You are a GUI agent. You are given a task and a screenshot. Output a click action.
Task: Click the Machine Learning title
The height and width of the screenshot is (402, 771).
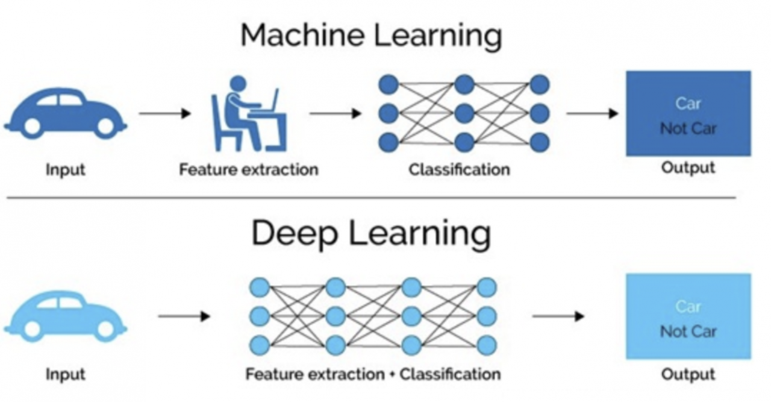pyautogui.click(x=371, y=36)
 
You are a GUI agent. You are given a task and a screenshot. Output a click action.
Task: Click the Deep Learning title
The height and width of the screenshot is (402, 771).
pyautogui.click(x=371, y=234)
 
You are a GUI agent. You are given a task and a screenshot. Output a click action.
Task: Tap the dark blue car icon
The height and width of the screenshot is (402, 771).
pyautogui.click(x=65, y=113)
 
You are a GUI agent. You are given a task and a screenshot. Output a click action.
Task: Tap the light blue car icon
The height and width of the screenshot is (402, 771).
pyautogui.click(x=65, y=316)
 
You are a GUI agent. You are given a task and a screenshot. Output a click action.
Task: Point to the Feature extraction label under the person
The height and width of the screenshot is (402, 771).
pyautogui.click(x=248, y=169)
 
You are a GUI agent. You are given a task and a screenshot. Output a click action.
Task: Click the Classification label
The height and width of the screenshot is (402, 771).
pyautogui.click(x=459, y=169)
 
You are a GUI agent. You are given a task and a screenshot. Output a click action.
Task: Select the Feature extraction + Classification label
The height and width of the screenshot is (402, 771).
pyautogui.click(x=373, y=374)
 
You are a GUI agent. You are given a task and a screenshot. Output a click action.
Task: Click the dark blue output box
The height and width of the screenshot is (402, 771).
pyautogui.click(x=688, y=113)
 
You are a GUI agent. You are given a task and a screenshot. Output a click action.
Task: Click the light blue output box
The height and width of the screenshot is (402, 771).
pyautogui.click(x=688, y=316)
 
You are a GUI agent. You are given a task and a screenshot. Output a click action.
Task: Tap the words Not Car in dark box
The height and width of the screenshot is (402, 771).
pyautogui.click(x=688, y=128)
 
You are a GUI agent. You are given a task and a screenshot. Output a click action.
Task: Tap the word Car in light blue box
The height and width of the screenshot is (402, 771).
pyautogui.click(x=688, y=307)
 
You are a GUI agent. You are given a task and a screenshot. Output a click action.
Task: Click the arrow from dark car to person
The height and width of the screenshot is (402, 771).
pyautogui.click(x=164, y=113)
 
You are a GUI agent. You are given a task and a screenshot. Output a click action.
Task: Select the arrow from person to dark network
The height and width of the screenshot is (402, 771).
pyautogui.click(x=336, y=113)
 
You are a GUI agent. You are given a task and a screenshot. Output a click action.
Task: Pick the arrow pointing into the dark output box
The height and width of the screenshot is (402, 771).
pyautogui.click(x=593, y=113)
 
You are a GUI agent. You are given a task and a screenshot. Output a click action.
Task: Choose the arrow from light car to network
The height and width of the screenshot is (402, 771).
pyautogui.click(x=184, y=316)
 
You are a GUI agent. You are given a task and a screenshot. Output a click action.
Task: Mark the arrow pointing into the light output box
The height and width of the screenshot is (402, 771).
pyautogui.click(x=558, y=316)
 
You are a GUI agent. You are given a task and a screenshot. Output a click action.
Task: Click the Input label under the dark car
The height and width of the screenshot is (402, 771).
pyautogui.click(x=65, y=169)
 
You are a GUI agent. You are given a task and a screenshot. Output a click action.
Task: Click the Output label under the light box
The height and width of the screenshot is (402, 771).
pyautogui.click(x=688, y=374)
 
